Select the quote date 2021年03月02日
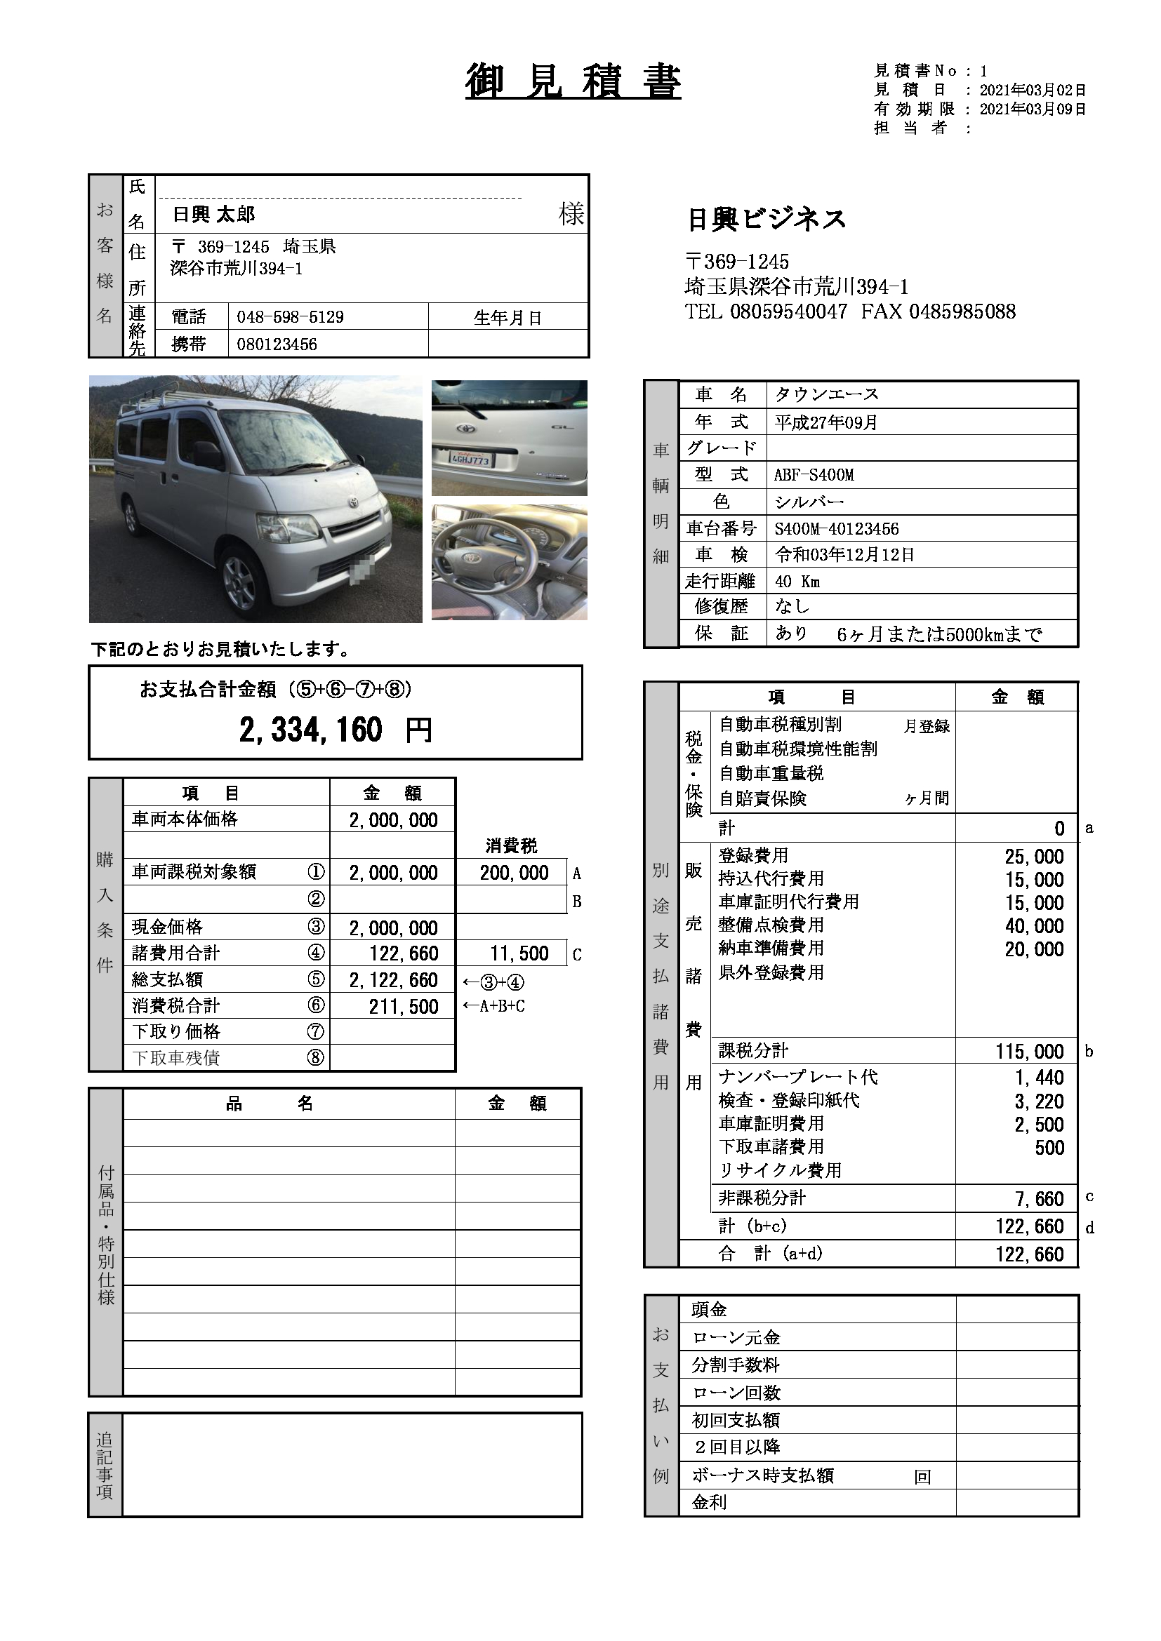pyautogui.click(x=1033, y=91)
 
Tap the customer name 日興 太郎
pyautogui.click(x=214, y=215)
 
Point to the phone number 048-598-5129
pyautogui.click(x=291, y=317)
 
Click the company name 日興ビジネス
pyautogui.click(x=766, y=220)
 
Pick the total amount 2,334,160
pyautogui.click(x=311, y=730)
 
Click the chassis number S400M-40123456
pyautogui.click(x=837, y=529)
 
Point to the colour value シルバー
pyautogui.click(x=809, y=502)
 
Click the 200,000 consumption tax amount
pyautogui.click(x=514, y=873)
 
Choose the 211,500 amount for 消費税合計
pyautogui.click(x=403, y=1006)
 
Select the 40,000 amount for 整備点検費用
pyautogui.click(x=1034, y=926)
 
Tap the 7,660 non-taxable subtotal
pyautogui.click(x=1040, y=1198)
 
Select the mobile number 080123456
pyautogui.click(x=277, y=344)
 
